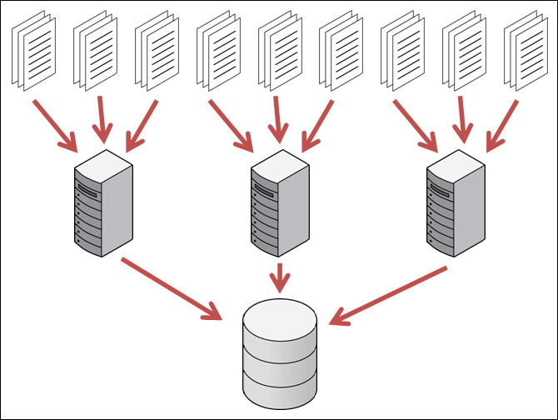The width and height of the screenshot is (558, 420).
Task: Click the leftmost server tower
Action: coord(103,203)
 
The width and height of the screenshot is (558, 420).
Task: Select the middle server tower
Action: coord(279,203)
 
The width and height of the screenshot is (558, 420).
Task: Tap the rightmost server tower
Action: coord(455,203)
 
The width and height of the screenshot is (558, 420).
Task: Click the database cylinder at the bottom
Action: coord(280,354)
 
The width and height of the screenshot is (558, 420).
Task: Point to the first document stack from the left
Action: coord(33,49)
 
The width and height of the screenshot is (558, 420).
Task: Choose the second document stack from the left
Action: coord(95,49)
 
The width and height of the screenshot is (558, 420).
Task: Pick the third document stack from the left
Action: coord(157,49)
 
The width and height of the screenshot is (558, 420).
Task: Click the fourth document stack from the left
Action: coord(218,49)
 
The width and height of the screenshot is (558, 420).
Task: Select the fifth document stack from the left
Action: coord(280,49)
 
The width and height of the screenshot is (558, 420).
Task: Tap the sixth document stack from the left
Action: coord(341,49)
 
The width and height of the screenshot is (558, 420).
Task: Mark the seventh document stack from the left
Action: coord(403,49)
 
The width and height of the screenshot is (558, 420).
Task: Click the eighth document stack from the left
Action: coord(465,49)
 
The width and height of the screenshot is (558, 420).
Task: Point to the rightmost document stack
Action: coord(526,49)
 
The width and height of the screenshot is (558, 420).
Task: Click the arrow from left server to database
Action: coord(172,288)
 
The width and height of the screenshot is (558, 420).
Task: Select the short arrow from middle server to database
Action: coord(280,277)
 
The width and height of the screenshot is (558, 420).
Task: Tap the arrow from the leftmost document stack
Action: coord(55,126)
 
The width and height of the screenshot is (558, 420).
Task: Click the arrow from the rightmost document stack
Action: coord(503,126)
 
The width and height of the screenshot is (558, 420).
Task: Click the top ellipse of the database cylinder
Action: coord(280,317)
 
